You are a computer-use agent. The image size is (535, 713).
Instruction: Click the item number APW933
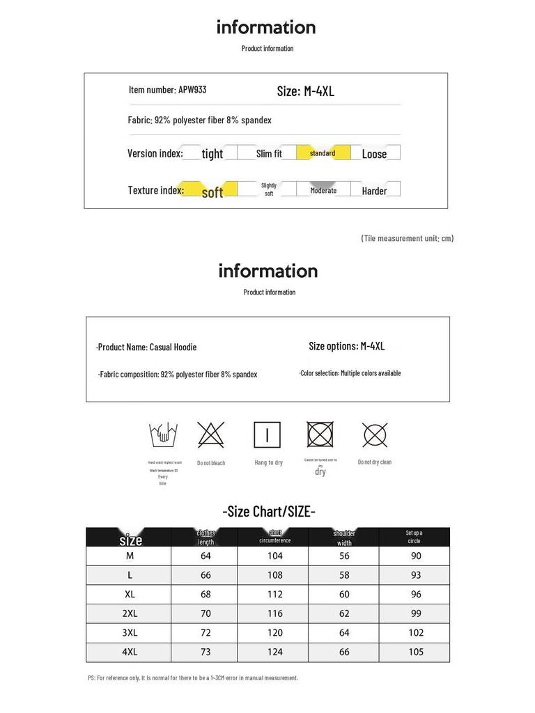click(167, 90)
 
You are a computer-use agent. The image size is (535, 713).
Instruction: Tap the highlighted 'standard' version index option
click(323, 153)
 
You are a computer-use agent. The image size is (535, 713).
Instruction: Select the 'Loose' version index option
click(374, 154)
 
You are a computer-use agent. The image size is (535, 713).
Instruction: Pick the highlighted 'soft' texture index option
click(212, 191)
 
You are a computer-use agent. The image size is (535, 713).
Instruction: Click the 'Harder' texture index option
click(374, 191)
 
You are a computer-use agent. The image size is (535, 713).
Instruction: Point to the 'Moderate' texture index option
click(323, 190)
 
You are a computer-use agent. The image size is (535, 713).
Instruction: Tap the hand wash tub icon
click(163, 436)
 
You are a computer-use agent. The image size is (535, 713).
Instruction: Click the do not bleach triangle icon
click(210, 435)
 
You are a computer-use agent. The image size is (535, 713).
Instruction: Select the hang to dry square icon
click(267, 435)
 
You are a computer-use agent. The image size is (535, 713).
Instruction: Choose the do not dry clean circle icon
click(375, 435)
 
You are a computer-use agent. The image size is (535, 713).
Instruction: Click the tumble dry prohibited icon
click(320, 434)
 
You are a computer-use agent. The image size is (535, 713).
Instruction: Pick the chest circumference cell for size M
click(275, 556)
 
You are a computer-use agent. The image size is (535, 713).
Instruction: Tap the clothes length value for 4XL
click(206, 652)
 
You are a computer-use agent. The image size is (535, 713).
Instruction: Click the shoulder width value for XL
click(344, 595)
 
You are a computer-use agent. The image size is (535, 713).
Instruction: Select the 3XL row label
click(130, 633)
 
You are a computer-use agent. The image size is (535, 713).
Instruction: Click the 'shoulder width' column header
click(344, 538)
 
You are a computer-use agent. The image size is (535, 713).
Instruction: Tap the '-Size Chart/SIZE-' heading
click(269, 512)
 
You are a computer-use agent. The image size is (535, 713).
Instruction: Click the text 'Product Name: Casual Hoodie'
click(147, 347)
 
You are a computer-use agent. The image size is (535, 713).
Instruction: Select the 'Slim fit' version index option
click(269, 154)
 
